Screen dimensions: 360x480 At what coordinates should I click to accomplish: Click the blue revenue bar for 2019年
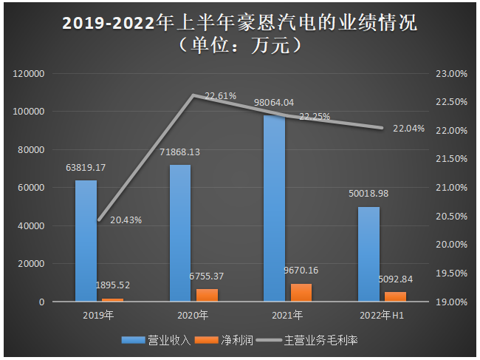click(x=86, y=241)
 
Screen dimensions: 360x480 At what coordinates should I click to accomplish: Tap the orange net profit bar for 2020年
click(x=208, y=295)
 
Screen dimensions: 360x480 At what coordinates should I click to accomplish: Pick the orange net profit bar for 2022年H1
click(x=396, y=296)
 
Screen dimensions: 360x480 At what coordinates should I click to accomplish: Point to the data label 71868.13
click(x=179, y=152)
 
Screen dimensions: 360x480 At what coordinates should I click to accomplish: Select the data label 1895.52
click(x=114, y=285)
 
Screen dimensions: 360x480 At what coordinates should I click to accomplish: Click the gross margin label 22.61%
click(x=220, y=95)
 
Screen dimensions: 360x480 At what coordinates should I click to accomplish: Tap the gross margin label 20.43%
click(x=126, y=220)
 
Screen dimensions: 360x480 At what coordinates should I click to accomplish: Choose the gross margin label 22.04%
click(x=408, y=128)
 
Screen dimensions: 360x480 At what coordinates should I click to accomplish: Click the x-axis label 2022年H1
click(x=382, y=316)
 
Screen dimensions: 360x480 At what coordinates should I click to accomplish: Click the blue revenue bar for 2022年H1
click(x=369, y=254)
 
